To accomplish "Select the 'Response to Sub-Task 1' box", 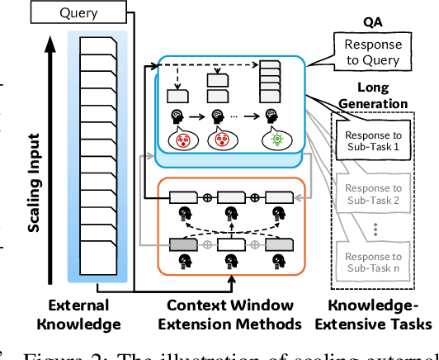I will pyautogui.click(x=374, y=141).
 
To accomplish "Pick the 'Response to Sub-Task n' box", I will pyautogui.click(x=374, y=262).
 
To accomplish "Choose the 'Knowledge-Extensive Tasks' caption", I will pyautogui.click(x=374, y=315).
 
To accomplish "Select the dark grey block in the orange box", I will pyautogui.click(x=183, y=244).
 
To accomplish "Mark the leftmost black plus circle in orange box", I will pyautogui.click(x=209, y=197).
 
